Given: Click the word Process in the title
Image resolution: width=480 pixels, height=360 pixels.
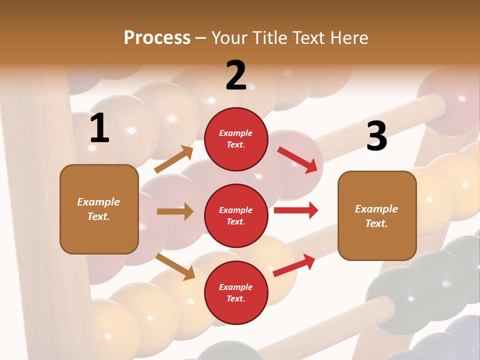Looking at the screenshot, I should (157, 38).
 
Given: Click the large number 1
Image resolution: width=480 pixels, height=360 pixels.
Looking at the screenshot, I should (99, 128).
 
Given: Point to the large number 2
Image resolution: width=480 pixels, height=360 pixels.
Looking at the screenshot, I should (236, 75).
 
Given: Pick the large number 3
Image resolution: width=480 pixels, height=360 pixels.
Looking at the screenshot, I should (376, 136).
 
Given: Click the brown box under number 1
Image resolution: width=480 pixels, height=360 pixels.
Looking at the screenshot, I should (99, 209).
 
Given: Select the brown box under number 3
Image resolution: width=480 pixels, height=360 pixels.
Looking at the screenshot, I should (377, 215).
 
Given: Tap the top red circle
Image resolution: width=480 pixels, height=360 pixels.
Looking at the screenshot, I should (236, 139).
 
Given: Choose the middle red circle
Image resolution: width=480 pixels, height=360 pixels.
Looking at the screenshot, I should (236, 215).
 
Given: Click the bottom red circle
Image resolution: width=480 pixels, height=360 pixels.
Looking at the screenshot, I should (236, 292).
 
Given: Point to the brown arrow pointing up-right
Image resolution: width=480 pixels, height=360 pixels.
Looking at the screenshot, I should (174, 159).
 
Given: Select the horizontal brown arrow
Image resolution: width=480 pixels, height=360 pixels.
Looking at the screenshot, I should (175, 211).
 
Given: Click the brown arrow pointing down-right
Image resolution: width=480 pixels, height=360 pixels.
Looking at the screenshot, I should (175, 266).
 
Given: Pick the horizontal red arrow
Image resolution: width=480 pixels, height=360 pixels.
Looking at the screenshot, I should (295, 210).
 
